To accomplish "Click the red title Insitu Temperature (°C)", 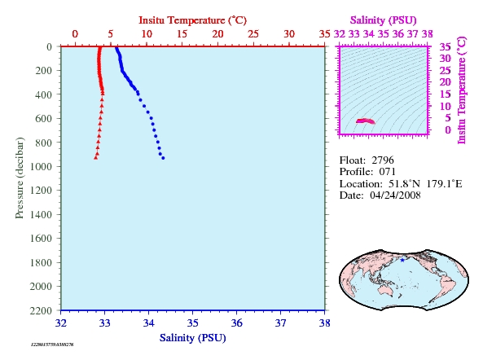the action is pyautogui.click(x=192, y=20).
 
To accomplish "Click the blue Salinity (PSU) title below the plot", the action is pyautogui.click(x=193, y=338).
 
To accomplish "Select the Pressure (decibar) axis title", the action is pyautogui.click(x=20, y=178).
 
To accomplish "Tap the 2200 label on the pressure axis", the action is pyautogui.click(x=41, y=310).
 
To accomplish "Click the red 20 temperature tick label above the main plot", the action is pyautogui.click(x=217, y=34).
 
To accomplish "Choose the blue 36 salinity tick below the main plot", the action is pyautogui.click(x=236, y=323).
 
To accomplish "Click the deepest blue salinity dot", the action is pyautogui.click(x=163, y=158).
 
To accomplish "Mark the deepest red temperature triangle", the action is pyautogui.click(x=96, y=158).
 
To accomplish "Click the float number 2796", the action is pyautogui.click(x=383, y=160).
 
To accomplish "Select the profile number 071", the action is pyautogui.click(x=387, y=172).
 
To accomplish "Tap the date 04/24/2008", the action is pyautogui.click(x=395, y=195).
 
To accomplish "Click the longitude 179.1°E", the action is pyautogui.click(x=444, y=184).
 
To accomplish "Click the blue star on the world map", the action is pyautogui.click(x=402, y=260).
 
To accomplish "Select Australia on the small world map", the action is pyautogui.click(x=387, y=290).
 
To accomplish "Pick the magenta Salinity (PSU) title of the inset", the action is pyautogui.click(x=383, y=20).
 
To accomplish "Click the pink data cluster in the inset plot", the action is pyautogui.click(x=366, y=121).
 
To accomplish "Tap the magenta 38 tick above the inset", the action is pyautogui.click(x=428, y=34).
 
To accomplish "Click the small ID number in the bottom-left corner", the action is pyautogui.click(x=52, y=345).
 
